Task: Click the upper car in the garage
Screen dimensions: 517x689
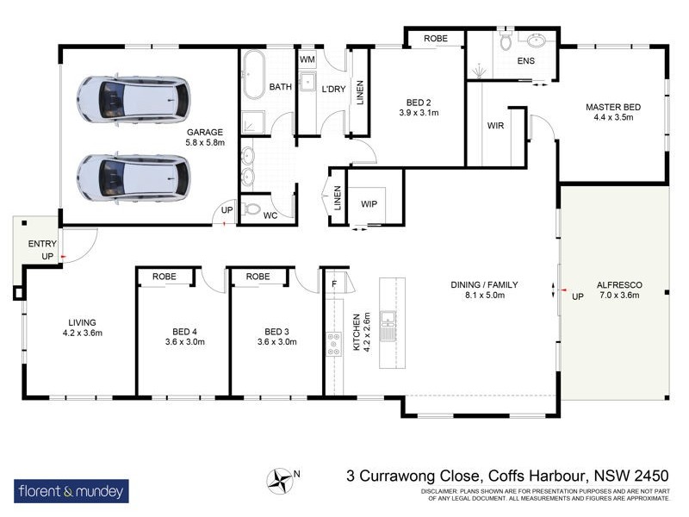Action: coord(133,99)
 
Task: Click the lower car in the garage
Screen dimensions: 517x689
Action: coord(133,177)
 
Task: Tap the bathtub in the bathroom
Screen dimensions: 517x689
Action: coord(253,78)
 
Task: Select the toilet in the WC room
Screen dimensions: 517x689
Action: coord(251,209)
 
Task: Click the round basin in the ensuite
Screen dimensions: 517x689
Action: coord(540,41)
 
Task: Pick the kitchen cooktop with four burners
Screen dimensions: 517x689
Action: coord(333,344)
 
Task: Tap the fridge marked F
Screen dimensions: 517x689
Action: coord(334,283)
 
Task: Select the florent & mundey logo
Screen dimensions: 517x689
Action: coord(72,492)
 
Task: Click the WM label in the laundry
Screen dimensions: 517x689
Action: coord(307,58)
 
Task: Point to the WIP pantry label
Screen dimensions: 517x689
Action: coord(369,203)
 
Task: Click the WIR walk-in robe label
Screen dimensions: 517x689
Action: coord(494,125)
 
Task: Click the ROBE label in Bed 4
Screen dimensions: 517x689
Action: coord(164,277)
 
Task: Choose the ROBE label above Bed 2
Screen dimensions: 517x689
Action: coord(435,39)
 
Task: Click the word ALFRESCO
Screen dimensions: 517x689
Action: coord(620,284)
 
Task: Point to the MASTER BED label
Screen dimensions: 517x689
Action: coord(613,107)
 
